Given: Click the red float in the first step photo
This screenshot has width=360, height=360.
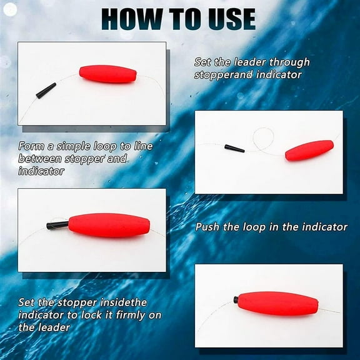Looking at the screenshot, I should tap(107, 74).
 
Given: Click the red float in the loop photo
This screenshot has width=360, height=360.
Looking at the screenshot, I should tap(309, 151).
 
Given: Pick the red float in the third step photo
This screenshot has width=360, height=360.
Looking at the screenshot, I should tap(109, 225).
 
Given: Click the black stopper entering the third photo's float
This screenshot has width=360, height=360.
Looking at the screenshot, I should tap(57, 224).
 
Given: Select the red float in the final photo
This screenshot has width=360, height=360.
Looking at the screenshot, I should tap(278, 303).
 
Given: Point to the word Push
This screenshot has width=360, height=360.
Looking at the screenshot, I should tap(208, 227).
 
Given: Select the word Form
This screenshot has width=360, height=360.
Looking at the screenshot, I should tap(31, 147).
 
